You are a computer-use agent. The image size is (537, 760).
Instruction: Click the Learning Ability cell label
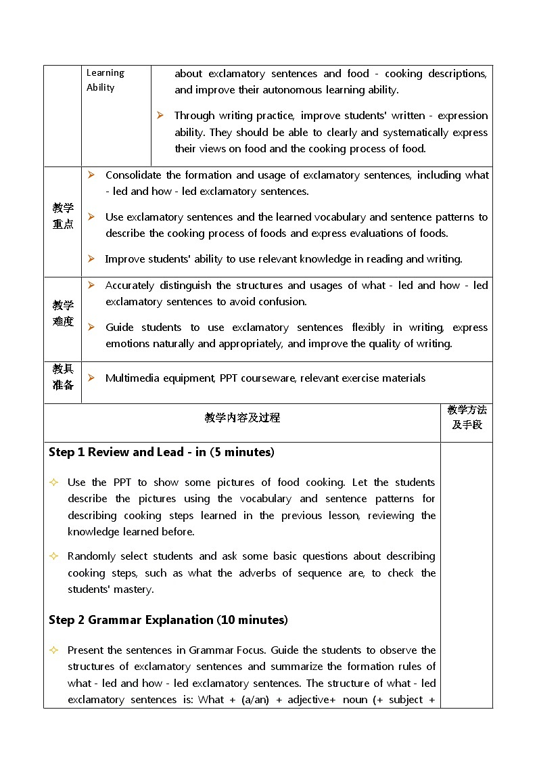pos(106,80)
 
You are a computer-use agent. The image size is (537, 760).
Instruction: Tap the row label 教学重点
pos(63,216)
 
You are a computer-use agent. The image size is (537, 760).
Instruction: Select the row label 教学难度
pos(63,313)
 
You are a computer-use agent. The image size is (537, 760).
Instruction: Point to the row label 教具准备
pos(63,377)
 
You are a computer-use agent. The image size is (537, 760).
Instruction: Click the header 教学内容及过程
pos(242,418)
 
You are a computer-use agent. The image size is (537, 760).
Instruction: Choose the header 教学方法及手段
pos(467,417)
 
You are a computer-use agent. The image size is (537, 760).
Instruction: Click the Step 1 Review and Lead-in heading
pos(162,452)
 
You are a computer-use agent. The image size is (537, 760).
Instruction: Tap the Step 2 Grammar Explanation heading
pos(168,620)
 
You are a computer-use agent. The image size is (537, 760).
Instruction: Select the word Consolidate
pos(133,175)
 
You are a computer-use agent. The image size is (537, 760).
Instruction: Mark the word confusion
pos(285,302)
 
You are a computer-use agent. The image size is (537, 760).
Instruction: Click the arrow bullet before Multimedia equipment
pos(91,378)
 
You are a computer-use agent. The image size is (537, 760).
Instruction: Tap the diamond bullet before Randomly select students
pos(53,556)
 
